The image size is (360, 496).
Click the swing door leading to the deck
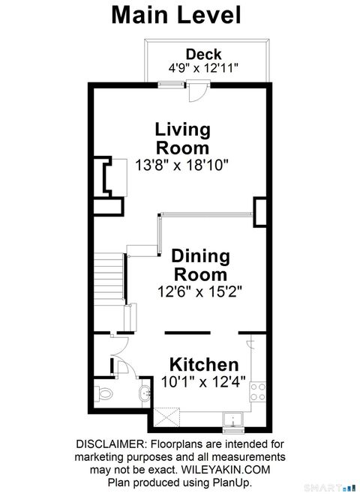pos(196,93)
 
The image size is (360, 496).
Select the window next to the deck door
pos(171,85)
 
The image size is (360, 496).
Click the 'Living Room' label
pos(181,138)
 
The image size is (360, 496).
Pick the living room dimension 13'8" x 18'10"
pos(181,163)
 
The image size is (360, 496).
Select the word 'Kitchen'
pos(204,366)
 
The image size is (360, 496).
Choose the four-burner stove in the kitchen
pos(259,391)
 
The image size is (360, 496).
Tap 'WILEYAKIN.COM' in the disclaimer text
pos(238,470)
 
